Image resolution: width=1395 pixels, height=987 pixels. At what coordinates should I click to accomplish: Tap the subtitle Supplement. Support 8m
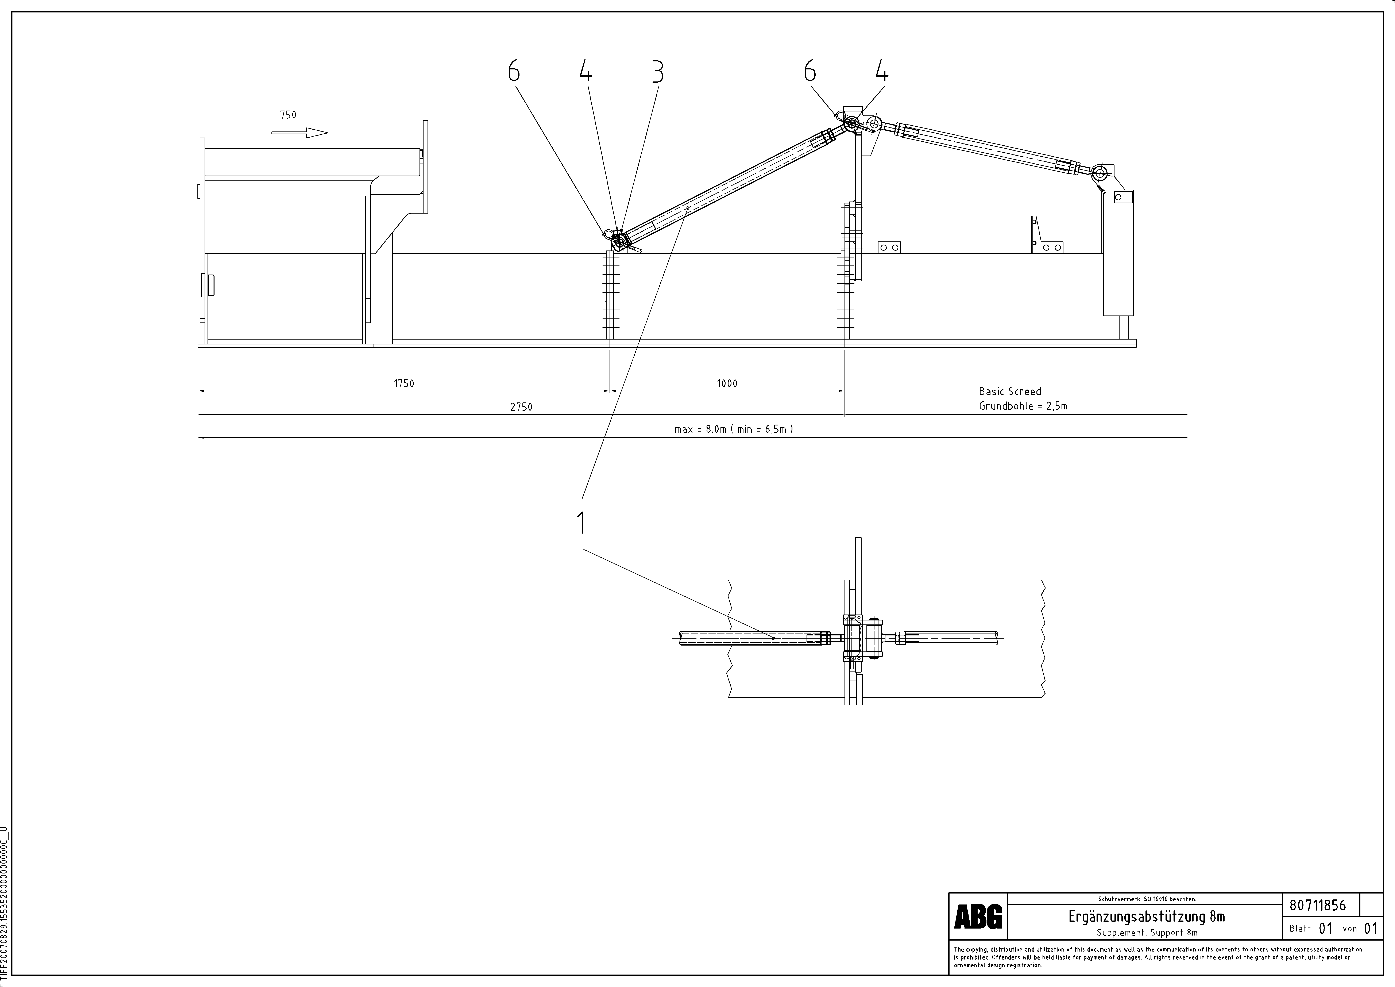pos(1147,932)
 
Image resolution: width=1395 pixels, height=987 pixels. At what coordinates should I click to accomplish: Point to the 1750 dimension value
pos(404,383)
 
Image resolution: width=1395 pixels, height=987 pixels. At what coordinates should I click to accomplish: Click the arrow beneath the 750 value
pos(300,133)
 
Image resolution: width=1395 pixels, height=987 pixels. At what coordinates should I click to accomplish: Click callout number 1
pos(581,523)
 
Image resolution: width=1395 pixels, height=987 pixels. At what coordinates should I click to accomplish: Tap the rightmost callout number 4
pos(882,72)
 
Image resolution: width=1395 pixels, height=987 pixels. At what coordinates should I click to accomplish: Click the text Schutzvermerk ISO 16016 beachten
pos(1147,899)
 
